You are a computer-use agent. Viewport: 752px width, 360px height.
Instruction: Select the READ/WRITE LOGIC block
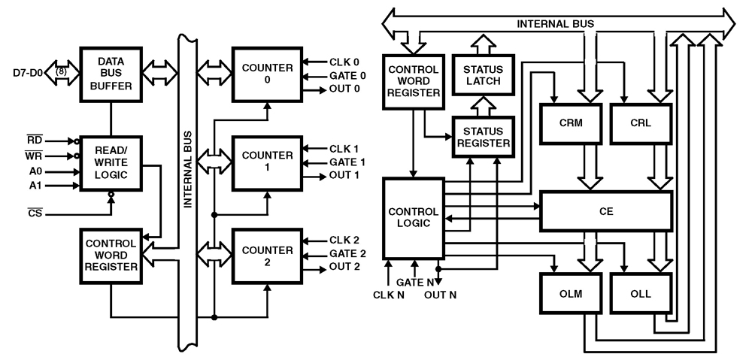pos(111,162)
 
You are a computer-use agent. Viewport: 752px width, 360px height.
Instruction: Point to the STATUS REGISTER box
pos(483,136)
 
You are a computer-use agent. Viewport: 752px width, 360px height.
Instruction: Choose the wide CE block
pos(605,211)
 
